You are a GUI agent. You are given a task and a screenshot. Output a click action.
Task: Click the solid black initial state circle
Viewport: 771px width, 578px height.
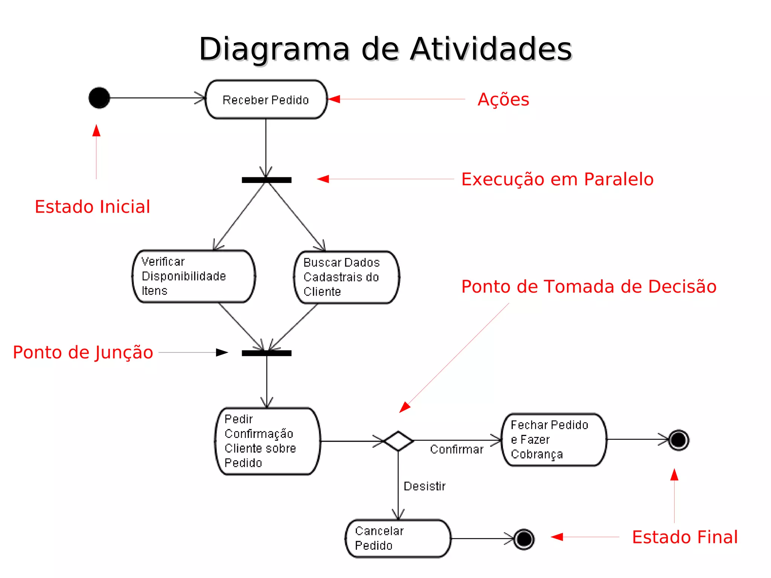click(99, 98)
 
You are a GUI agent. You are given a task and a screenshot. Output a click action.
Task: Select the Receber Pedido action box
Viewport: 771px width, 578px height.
click(266, 99)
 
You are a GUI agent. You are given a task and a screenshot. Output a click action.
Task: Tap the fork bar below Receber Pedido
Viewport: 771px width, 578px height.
click(267, 180)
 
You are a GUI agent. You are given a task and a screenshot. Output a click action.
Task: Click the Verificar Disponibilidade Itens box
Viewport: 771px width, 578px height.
click(194, 276)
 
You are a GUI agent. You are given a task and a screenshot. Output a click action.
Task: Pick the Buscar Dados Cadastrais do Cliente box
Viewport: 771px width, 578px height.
click(346, 277)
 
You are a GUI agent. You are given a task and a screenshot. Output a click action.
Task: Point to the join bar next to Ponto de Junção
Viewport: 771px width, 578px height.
click(267, 353)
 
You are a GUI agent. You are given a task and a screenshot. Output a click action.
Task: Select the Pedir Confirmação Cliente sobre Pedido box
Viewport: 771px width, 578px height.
click(268, 441)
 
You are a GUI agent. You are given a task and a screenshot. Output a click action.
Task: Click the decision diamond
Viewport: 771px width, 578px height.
click(398, 441)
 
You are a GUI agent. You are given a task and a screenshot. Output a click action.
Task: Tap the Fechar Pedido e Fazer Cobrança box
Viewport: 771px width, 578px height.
click(554, 440)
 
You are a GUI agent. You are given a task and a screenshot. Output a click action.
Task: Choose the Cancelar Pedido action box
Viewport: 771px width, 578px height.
click(398, 538)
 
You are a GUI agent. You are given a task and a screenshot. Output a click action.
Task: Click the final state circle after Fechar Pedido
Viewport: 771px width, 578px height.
click(678, 440)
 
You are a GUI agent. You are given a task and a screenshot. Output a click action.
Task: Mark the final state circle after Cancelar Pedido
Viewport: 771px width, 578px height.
click(524, 539)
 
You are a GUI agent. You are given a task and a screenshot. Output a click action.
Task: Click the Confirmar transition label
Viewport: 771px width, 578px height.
click(456, 450)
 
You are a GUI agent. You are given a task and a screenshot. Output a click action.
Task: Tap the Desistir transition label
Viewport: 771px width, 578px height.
click(424, 486)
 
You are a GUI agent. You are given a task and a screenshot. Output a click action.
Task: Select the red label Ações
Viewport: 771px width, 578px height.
click(503, 100)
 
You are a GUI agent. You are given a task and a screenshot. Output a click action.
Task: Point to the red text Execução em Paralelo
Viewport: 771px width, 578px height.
click(557, 179)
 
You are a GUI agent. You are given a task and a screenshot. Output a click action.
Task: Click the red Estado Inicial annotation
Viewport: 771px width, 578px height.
click(92, 207)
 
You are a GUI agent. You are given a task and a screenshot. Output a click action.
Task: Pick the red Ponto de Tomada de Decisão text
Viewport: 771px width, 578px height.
click(589, 287)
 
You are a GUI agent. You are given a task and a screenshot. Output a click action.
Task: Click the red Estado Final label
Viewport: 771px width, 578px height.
click(684, 537)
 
